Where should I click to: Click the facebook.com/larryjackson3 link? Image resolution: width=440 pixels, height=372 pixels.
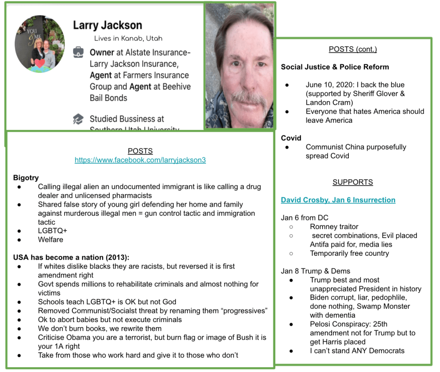point(140,160)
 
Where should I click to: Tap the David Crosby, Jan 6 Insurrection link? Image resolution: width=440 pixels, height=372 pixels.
point(338,200)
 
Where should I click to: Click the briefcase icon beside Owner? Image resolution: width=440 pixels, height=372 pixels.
point(78,53)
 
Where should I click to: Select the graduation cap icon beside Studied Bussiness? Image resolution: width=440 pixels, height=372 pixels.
point(78,119)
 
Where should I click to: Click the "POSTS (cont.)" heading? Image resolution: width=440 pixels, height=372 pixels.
point(353,49)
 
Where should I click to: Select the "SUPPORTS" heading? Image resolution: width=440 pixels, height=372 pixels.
point(353,182)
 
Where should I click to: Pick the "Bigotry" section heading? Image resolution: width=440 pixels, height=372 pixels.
point(26,178)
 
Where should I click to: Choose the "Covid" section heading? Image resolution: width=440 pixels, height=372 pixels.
point(291,138)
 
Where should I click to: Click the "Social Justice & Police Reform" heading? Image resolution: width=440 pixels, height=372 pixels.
point(335,67)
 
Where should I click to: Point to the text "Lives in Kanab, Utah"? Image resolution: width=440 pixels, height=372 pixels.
point(128,38)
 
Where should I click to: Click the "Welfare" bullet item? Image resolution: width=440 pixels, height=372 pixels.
point(50,239)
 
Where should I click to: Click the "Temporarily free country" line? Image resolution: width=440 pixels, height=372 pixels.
point(349,253)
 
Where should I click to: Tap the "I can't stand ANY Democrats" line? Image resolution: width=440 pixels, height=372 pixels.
point(357,350)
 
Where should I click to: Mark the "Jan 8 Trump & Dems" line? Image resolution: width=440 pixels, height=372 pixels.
point(315,271)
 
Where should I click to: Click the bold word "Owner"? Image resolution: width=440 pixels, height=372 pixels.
point(102,53)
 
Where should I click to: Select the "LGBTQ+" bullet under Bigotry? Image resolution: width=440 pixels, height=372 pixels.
point(52,231)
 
